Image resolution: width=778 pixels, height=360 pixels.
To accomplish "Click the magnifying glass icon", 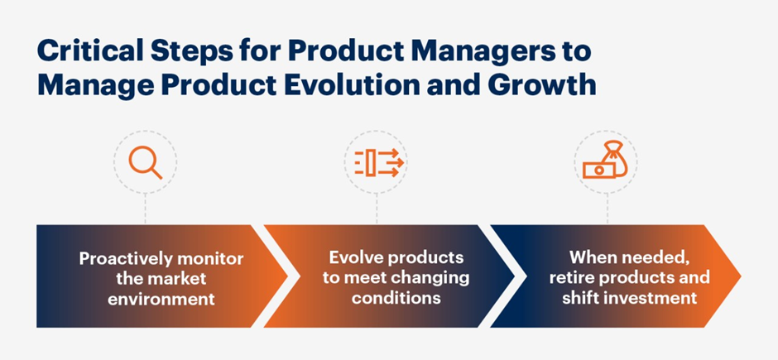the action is point(145,163).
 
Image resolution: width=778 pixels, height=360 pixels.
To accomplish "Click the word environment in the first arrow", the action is point(161,299).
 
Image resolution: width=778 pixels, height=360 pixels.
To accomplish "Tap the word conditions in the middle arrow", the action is point(396,297).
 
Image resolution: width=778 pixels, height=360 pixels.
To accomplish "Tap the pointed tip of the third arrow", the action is point(740,276).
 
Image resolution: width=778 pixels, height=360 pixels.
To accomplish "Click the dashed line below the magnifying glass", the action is point(145,209).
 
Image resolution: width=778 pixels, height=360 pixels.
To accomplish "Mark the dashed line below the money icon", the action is point(607,209).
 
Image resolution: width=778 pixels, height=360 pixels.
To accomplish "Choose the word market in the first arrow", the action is point(180,279).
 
